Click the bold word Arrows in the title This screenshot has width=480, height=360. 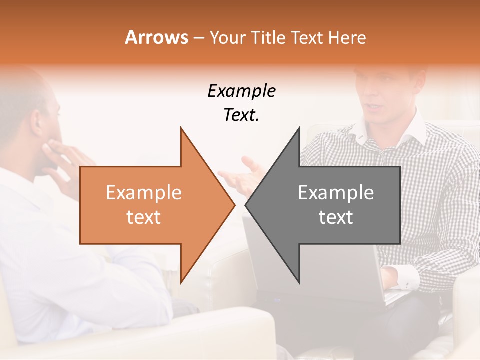pyautogui.click(x=156, y=37)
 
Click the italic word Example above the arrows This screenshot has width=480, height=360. pyautogui.click(x=241, y=91)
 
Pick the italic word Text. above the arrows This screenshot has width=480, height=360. pyautogui.click(x=241, y=115)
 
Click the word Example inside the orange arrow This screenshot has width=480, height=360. pyautogui.click(x=143, y=193)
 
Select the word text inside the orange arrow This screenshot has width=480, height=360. pyautogui.click(x=143, y=217)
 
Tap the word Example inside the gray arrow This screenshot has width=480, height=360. pyautogui.click(x=336, y=193)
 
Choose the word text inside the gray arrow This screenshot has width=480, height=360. pyautogui.click(x=336, y=217)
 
